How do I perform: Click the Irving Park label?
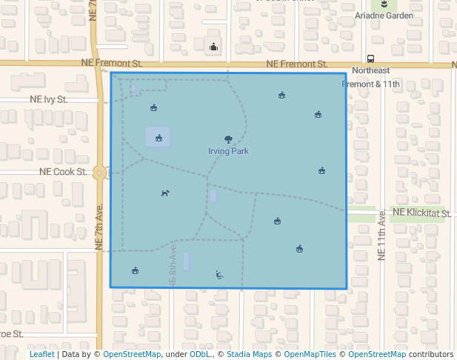point(228,151)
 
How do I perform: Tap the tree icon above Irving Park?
point(228,139)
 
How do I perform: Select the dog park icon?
point(165,193)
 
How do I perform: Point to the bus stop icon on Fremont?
point(370,59)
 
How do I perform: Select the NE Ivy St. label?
point(49,99)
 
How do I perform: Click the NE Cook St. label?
point(63,172)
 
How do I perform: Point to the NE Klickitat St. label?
point(421,213)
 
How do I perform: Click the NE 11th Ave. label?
point(382,234)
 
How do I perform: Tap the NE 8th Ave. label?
point(172,263)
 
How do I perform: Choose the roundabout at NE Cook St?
point(100,173)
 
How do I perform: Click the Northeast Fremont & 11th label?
point(370,77)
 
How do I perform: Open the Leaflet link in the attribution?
point(41,355)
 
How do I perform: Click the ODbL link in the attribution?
point(200,355)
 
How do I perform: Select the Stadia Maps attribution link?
point(248,355)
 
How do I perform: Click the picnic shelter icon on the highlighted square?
point(159,137)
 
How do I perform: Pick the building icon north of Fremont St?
point(214,47)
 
